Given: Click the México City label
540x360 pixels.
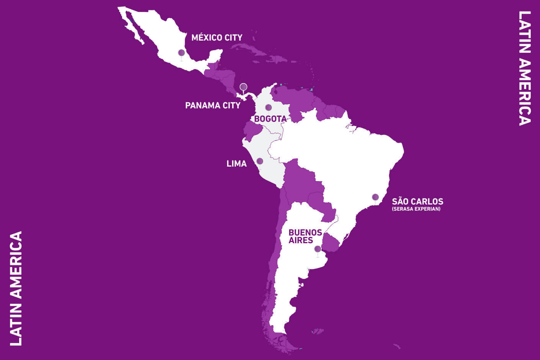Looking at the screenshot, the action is point(217,38).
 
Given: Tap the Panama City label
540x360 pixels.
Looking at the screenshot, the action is point(213,105).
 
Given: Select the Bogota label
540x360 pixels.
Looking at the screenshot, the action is point(270,119).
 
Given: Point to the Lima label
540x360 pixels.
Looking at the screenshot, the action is point(237,164).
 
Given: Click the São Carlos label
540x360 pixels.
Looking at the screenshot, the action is point(417,201).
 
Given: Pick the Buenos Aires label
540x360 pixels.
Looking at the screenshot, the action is point(305,236).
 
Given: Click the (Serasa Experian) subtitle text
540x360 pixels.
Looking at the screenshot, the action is point(416,209).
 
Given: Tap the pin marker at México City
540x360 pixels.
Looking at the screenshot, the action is point(182,53).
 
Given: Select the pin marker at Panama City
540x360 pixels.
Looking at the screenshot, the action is point(243,87).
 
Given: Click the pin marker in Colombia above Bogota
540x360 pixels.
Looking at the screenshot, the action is point(268,107).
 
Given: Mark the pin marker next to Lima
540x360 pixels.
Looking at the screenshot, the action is point(260,161).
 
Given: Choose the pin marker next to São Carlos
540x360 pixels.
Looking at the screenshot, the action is point(375,197).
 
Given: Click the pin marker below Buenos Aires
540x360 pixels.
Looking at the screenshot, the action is point(317,249).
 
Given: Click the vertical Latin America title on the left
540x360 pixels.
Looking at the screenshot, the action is point(16,288).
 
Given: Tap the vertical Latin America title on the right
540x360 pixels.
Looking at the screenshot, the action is point(525,68).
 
